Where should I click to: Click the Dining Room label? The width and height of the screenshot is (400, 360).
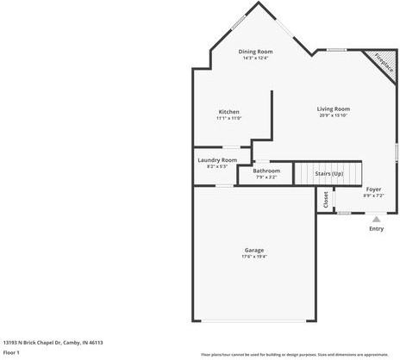255,52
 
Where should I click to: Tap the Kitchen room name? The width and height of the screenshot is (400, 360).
228,112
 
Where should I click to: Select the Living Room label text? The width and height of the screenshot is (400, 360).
333,109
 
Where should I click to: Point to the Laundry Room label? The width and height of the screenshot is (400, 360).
216,160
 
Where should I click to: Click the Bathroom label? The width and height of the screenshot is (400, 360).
266,171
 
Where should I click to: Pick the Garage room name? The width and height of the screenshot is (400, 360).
253,250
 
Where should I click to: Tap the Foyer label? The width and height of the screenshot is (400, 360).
373,189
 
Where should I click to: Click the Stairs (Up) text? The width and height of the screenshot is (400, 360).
328,173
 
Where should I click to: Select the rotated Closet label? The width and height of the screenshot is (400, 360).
325,200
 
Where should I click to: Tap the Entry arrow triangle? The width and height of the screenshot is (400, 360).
375,220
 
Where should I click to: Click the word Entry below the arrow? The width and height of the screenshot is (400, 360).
376,228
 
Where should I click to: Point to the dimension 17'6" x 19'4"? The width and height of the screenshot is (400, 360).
253,256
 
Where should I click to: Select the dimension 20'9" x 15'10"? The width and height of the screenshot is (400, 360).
333,115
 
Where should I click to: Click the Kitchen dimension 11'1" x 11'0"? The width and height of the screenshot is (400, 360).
228,118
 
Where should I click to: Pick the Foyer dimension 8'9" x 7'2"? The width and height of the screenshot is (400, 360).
373,195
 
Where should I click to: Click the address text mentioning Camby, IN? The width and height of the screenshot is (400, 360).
53,342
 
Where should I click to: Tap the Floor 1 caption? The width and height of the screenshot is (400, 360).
11,352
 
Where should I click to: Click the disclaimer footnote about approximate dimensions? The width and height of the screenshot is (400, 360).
294,354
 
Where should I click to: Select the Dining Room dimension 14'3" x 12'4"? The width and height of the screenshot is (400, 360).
255,58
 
